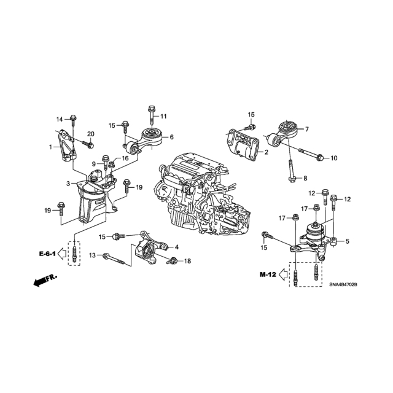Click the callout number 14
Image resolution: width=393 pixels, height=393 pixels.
pyautogui.click(x=60, y=119)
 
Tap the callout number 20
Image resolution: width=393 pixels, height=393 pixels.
pyautogui.click(x=91, y=134)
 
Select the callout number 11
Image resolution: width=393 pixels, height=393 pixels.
pyautogui.click(x=163, y=116)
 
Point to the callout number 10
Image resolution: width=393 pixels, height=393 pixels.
pyautogui.click(x=334, y=158)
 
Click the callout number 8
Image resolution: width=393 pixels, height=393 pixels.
pyautogui.click(x=305, y=179)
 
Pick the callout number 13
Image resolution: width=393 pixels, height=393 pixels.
pyautogui.click(x=93, y=255)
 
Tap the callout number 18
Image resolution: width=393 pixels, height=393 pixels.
pyautogui.click(x=187, y=261)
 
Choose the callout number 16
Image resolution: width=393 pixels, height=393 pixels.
pyautogui.click(x=125, y=158)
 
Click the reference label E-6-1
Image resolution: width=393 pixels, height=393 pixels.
pyautogui.click(x=47, y=254)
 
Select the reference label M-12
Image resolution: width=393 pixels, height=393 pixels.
pyautogui.click(x=268, y=274)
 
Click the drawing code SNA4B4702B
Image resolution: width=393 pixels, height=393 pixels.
pyautogui.click(x=343, y=285)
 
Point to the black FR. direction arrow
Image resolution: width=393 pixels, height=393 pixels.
pyautogui.click(x=45, y=281)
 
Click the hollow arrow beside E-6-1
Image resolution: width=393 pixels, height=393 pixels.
pyautogui.click(x=62, y=254)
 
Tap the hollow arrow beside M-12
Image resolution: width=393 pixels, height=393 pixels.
pyautogui.click(x=283, y=274)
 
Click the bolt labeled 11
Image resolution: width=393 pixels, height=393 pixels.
pyautogui.click(x=152, y=115)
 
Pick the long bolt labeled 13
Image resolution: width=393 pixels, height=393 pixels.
pyautogui.click(x=114, y=259)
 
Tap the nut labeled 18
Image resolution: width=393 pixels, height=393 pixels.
pyautogui.click(x=172, y=260)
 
